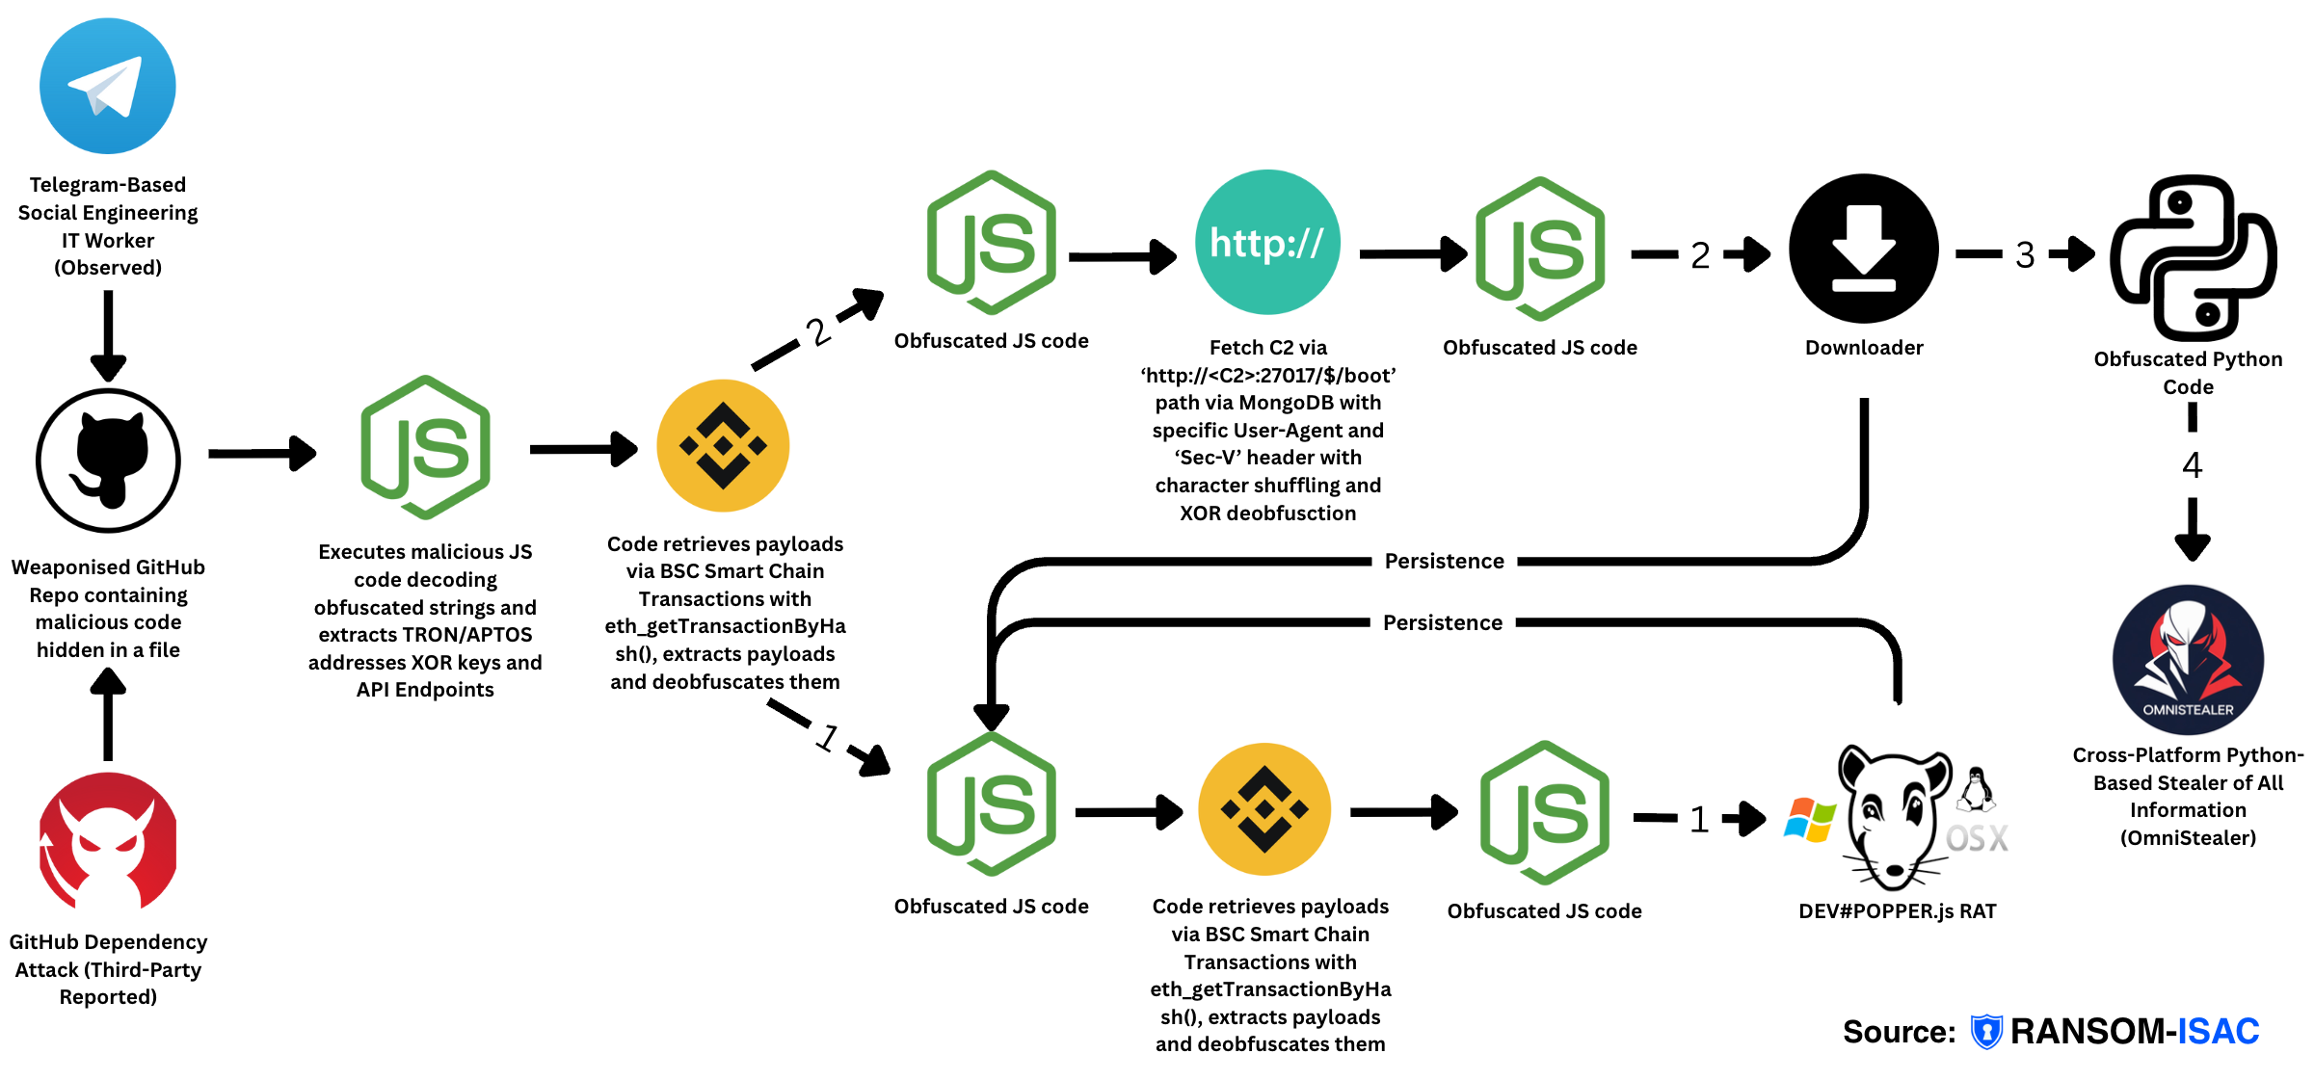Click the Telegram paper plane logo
tap(107, 86)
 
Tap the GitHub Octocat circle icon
tap(108, 461)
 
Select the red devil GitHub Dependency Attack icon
tap(108, 841)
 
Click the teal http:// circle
tap(1267, 243)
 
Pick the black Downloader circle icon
tap(1863, 249)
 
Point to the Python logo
tap(2194, 257)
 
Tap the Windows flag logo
tap(1809, 820)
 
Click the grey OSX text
tap(1977, 838)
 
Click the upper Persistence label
tap(1444, 561)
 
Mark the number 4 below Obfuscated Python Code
tap(2192, 465)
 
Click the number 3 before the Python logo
tap(2025, 254)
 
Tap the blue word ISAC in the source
tap(2218, 1031)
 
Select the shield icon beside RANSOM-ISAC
tap(1985, 1031)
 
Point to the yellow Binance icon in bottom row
tap(1264, 809)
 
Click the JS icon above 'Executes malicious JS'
tap(425, 447)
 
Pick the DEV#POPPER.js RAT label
tap(1897, 910)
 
